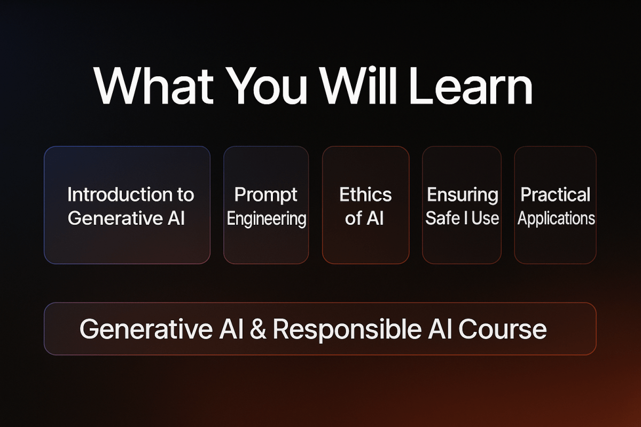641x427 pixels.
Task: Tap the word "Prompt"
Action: click(x=266, y=195)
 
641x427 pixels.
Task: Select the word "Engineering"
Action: click(x=267, y=219)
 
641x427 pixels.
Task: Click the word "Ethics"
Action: click(x=365, y=195)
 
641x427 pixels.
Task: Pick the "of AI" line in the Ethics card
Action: click(x=365, y=218)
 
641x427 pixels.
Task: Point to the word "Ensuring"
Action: click(x=463, y=195)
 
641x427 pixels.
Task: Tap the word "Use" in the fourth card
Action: click(x=485, y=218)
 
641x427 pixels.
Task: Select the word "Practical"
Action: click(x=556, y=195)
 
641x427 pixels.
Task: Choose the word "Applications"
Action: click(x=556, y=219)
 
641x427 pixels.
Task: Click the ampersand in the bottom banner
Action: click(x=259, y=329)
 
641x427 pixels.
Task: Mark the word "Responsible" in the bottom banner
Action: click(x=346, y=330)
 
